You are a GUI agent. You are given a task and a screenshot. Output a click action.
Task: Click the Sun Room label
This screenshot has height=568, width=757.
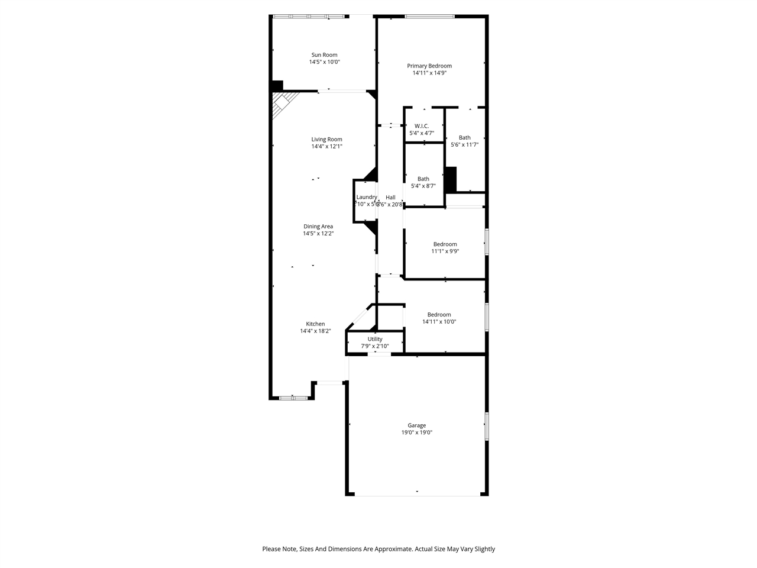tap(324, 55)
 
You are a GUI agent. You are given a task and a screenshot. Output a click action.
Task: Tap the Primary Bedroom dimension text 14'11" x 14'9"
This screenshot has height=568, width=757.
tap(429, 73)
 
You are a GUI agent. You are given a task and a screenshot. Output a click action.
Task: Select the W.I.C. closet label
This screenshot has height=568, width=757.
tap(422, 126)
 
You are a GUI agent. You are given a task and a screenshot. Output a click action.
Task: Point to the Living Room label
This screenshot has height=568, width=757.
tap(326, 140)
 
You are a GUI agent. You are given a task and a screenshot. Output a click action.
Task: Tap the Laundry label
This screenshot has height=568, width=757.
tap(366, 197)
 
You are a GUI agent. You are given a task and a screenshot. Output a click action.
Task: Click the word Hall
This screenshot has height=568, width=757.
tap(390, 198)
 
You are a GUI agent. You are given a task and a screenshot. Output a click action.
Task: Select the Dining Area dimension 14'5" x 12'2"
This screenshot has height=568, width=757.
tap(318, 234)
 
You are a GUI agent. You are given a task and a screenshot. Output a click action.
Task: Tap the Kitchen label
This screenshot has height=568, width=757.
tap(315, 324)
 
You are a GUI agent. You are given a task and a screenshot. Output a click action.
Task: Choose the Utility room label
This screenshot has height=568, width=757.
tap(375, 339)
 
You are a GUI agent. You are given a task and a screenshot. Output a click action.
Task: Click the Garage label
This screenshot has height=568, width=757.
tap(416, 425)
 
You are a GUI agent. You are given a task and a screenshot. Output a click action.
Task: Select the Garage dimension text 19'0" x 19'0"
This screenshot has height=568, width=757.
tap(416, 433)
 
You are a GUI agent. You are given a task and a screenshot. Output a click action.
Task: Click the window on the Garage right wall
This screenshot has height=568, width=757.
tap(487, 426)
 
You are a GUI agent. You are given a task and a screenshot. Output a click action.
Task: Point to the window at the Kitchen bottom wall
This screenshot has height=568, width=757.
tap(293, 398)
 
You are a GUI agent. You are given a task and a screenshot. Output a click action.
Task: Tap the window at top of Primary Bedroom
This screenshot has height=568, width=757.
tap(429, 16)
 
